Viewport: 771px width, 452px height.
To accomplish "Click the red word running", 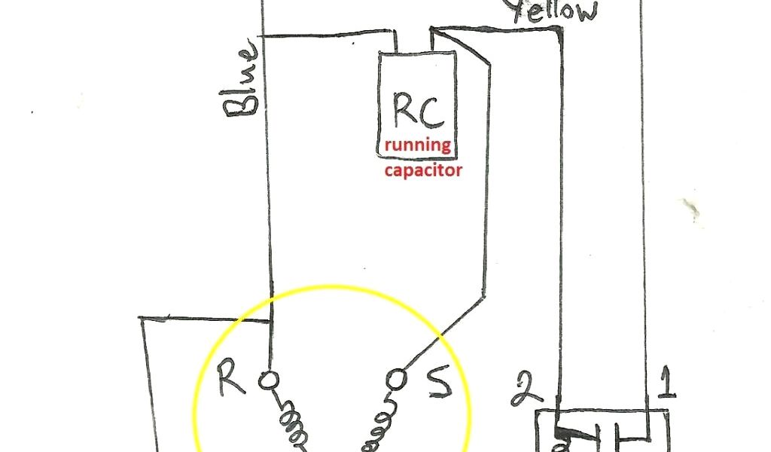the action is [x=419, y=146].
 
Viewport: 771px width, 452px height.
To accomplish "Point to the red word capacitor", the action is [x=422, y=170].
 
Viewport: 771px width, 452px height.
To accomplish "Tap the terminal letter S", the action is [x=438, y=383].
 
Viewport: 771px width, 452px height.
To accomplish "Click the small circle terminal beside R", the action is [x=267, y=380].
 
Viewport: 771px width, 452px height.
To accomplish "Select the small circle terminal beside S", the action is [x=398, y=377].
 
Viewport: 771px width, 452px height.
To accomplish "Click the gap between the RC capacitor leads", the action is [x=413, y=41].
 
